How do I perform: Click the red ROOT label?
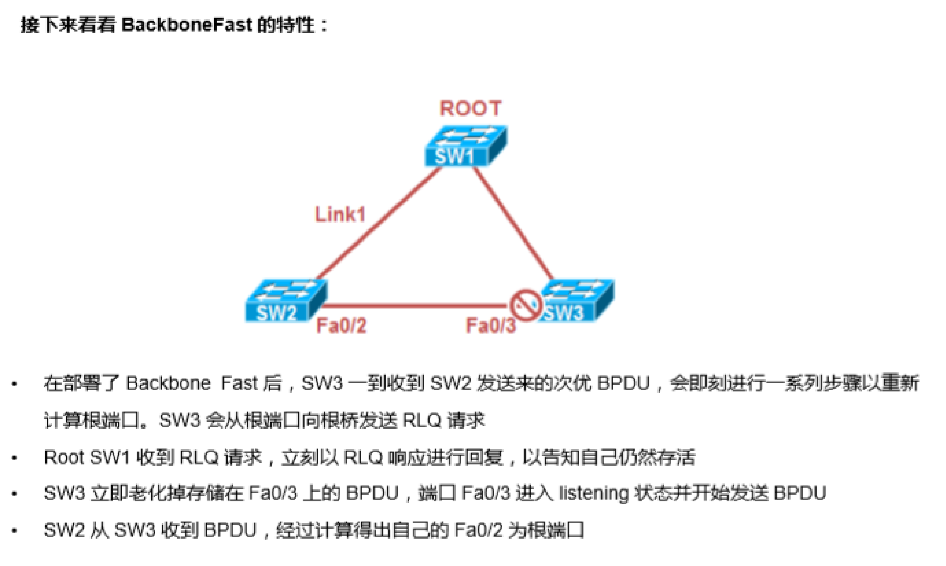pyautogui.click(x=470, y=109)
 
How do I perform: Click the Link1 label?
pyautogui.click(x=340, y=215)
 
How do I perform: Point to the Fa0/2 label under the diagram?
pyautogui.click(x=341, y=326)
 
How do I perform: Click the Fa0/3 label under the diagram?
pyautogui.click(x=491, y=326)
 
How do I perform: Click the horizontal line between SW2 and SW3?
pyautogui.click(x=414, y=306)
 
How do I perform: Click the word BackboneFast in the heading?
pyautogui.click(x=187, y=25)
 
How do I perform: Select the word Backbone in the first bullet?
pyautogui.click(x=168, y=383)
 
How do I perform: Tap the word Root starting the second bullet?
pyautogui.click(x=64, y=458)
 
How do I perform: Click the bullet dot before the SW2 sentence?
pyautogui.click(x=15, y=531)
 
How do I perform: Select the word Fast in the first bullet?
pyautogui.click(x=239, y=383)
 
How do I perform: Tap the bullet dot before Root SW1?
pyautogui.click(x=15, y=459)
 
